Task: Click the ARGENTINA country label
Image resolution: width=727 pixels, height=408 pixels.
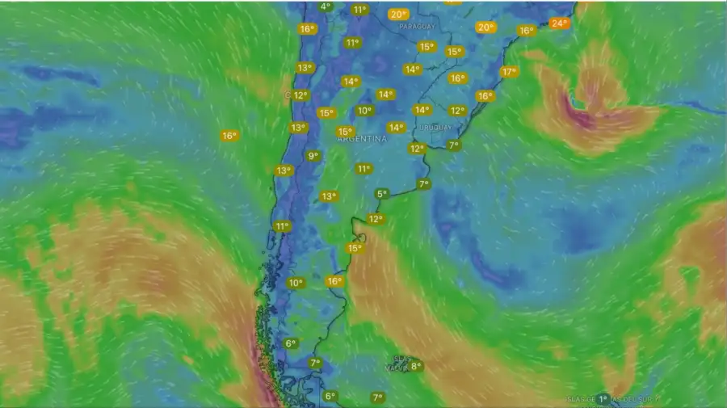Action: (x=361, y=139)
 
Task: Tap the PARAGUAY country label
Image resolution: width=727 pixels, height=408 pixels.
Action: (x=416, y=26)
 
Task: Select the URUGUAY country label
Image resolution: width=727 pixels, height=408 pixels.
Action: (x=435, y=128)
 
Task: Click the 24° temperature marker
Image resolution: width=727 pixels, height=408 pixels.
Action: (x=559, y=23)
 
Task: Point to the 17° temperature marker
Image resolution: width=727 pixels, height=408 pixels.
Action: (x=508, y=72)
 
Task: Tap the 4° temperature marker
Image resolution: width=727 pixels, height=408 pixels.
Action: (x=326, y=6)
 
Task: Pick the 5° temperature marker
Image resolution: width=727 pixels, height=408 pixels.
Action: (x=381, y=194)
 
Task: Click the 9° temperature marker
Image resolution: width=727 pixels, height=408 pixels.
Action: (x=313, y=156)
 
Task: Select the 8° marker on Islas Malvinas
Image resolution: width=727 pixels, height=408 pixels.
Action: (x=415, y=366)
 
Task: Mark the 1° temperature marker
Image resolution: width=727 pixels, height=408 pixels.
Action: (x=603, y=399)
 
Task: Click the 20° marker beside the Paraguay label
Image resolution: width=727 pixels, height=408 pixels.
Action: (x=397, y=15)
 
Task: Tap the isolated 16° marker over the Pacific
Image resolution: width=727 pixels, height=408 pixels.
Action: (x=229, y=136)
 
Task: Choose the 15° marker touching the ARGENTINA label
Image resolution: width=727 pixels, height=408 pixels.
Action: (x=345, y=132)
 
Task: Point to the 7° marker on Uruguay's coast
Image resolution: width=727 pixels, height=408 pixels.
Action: (x=453, y=145)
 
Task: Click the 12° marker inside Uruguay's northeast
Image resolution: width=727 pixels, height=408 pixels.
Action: (x=457, y=111)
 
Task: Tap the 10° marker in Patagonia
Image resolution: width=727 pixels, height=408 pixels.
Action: (x=295, y=283)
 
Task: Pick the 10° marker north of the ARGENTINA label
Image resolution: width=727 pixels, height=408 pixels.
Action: (x=364, y=111)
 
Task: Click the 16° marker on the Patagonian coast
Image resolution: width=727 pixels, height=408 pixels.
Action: (x=334, y=281)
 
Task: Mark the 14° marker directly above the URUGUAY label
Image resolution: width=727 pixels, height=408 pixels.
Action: (x=421, y=110)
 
